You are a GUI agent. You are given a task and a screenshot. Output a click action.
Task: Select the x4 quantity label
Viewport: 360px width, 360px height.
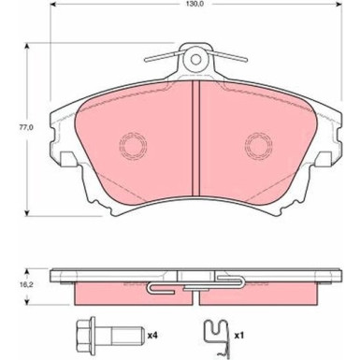coord(152,336)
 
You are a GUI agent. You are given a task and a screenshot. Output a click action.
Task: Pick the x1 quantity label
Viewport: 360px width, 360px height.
coord(238,336)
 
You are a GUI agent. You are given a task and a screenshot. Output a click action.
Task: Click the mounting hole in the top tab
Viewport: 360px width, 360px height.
coord(195,59)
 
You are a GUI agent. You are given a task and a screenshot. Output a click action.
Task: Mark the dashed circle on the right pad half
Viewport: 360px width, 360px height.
coord(258,146)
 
